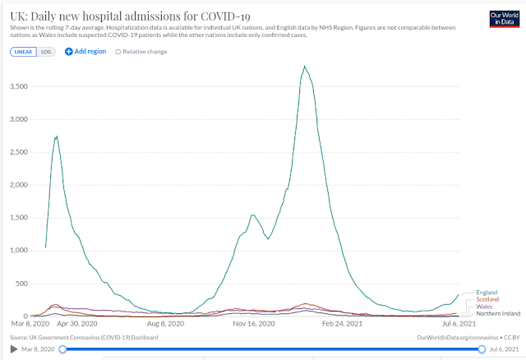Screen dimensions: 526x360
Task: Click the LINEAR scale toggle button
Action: coord(23,52)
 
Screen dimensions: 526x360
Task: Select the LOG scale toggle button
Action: coord(46,52)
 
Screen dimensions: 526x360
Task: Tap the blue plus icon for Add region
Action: coord(68,51)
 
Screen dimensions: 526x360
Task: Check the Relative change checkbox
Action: coord(118,52)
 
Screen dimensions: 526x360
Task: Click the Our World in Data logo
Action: coord(504,19)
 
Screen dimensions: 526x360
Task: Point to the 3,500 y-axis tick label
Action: coord(19,86)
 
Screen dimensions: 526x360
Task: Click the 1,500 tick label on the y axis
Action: coord(19,218)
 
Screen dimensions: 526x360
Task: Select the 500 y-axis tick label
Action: coord(22,284)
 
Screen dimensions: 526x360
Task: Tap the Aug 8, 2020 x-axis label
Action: coord(165,324)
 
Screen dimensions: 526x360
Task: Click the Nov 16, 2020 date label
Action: coord(254,324)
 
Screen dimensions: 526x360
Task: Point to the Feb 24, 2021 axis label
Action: coord(342,324)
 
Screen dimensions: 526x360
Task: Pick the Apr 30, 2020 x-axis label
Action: coord(77,324)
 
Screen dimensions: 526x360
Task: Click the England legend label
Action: coord(487,293)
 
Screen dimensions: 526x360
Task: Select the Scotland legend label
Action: coord(487,299)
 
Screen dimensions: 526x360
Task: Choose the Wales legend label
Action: coord(484,307)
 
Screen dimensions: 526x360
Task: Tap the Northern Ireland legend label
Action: coord(498,314)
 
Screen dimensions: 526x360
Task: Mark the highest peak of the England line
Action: coord(304,67)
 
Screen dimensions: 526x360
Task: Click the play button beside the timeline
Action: coord(14,349)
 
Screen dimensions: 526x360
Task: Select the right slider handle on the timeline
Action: coord(482,349)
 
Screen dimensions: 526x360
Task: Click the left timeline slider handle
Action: coord(62,349)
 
